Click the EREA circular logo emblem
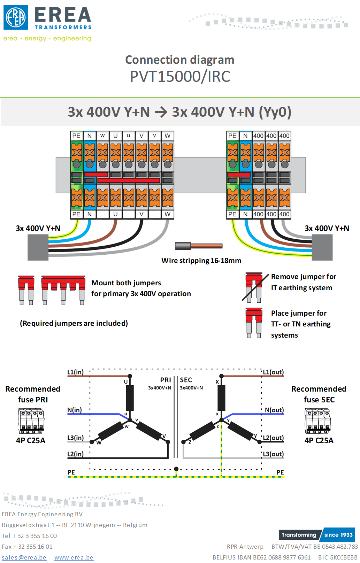pos(16,17)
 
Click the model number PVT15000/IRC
pos(180,77)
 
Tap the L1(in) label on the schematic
pos(75,372)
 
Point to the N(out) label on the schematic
pos(274,410)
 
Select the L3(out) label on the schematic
pos(273,454)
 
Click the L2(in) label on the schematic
pos(75,454)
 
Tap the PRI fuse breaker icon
pos(31,421)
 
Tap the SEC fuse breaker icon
pos(318,421)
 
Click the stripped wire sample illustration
pos(199,246)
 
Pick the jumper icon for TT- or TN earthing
pos(254,323)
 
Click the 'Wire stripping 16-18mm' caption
pos(201,261)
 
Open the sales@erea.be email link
pos(24,557)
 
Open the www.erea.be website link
pos(74,557)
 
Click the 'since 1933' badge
pos(338,535)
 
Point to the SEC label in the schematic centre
pos(186,380)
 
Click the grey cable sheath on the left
pos(38,247)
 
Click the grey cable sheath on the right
pos(322,247)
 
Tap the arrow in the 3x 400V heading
pos(161,113)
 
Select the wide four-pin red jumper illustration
pos(63,289)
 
